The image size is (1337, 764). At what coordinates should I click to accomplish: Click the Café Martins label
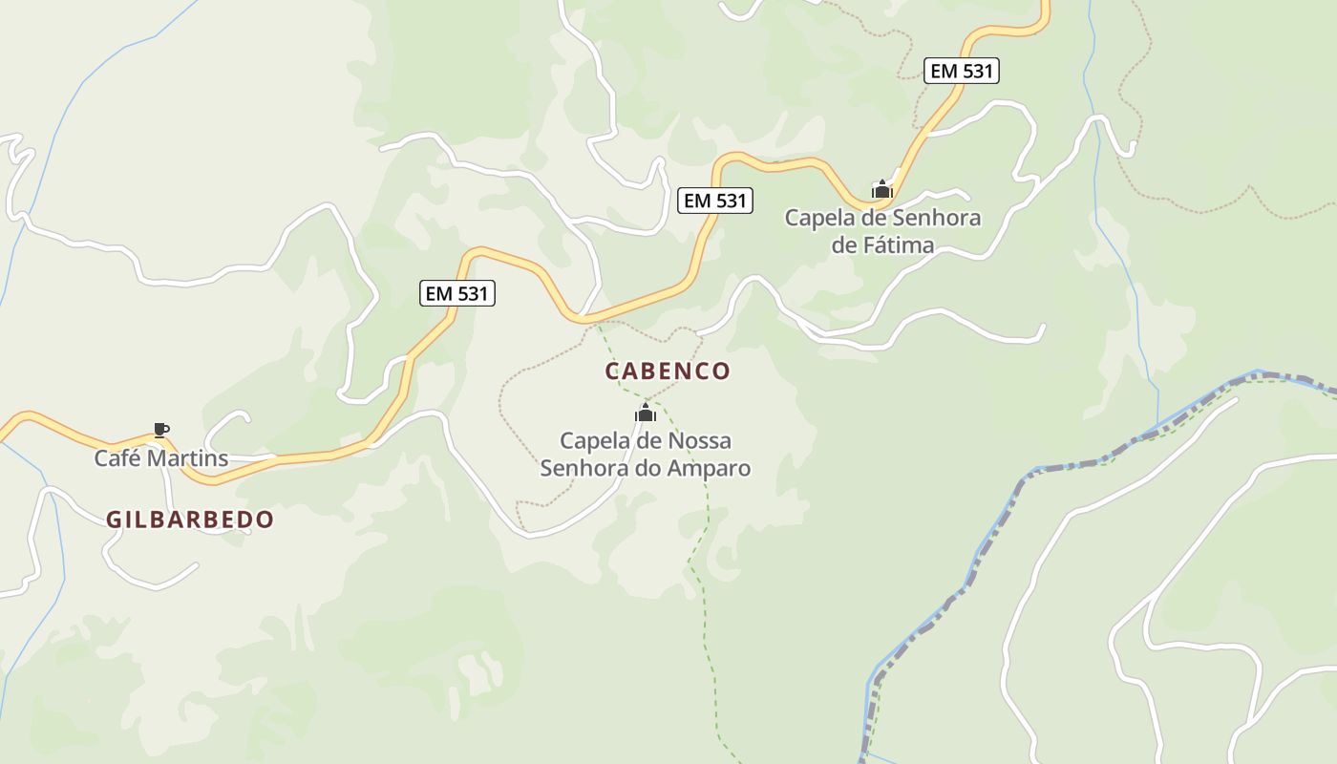coord(160,458)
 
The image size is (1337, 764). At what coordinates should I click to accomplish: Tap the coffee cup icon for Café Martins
coord(160,431)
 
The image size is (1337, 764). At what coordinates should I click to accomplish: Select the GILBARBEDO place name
coord(190,520)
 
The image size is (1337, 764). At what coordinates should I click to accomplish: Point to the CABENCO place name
coord(668,371)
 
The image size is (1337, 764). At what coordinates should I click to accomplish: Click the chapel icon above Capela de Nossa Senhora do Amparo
coord(646,414)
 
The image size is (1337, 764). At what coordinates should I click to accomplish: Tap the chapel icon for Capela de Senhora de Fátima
coord(882,189)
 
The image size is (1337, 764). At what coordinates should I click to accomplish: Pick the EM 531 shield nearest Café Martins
coord(457,293)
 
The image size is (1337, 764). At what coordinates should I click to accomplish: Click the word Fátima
coord(898,245)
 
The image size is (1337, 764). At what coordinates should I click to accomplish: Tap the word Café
coord(116,458)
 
